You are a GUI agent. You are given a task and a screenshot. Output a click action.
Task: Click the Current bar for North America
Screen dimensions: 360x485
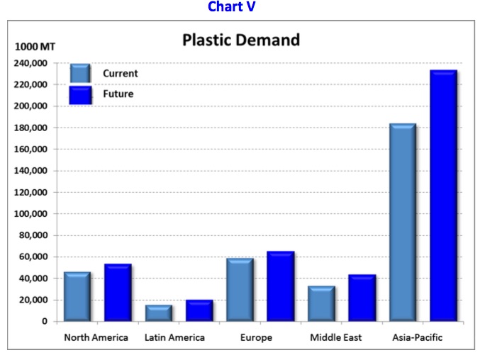pyautogui.click(x=77, y=297)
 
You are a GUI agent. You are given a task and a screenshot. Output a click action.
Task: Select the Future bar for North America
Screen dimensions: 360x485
pyautogui.click(x=118, y=293)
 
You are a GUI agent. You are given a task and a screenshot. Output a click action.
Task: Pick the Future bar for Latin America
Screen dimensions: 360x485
pyautogui.click(x=199, y=310)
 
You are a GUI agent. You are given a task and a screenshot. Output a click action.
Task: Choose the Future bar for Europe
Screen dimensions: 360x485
pyautogui.click(x=280, y=286)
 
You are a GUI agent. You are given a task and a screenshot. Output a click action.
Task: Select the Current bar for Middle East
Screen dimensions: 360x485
pyautogui.click(x=321, y=303)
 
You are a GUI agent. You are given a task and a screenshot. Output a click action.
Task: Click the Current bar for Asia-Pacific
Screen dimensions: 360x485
pyautogui.click(x=403, y=223)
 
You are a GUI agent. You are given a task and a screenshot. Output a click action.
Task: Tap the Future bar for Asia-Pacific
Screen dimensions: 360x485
pyautogui.click(x=443, y=196)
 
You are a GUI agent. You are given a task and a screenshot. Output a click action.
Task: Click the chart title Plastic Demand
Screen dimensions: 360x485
pyautogui.click(x=241, y=40)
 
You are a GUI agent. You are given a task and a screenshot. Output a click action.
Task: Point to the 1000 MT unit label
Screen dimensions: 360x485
pyautogui.click(x=35, y=47)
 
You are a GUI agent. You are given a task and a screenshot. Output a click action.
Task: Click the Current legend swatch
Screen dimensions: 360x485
pyautogui.click(x=80, y=74)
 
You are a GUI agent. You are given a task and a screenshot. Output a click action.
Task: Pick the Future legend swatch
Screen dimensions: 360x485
pyautogui.click(x=80, y=94)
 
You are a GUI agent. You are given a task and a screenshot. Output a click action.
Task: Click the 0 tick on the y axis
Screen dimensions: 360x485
pyautogui.click(x=44, y=322)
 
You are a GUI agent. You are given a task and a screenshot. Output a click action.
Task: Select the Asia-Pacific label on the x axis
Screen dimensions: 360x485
pyautogui.click(x=417, y=338)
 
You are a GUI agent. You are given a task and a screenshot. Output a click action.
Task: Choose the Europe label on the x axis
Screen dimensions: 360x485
pyautogui.click(x=256, y=338)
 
